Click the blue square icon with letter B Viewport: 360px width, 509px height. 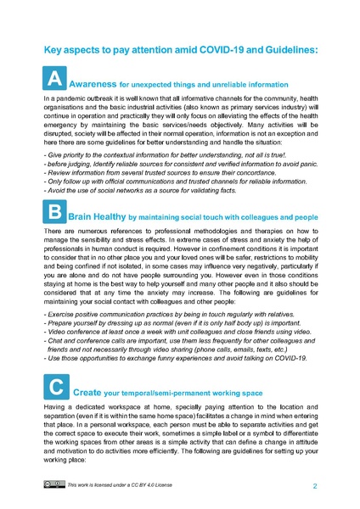tap(53, 213)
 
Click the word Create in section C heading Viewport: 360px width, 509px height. tap(89, 394)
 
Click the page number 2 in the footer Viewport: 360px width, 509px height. tap(315, 487)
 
